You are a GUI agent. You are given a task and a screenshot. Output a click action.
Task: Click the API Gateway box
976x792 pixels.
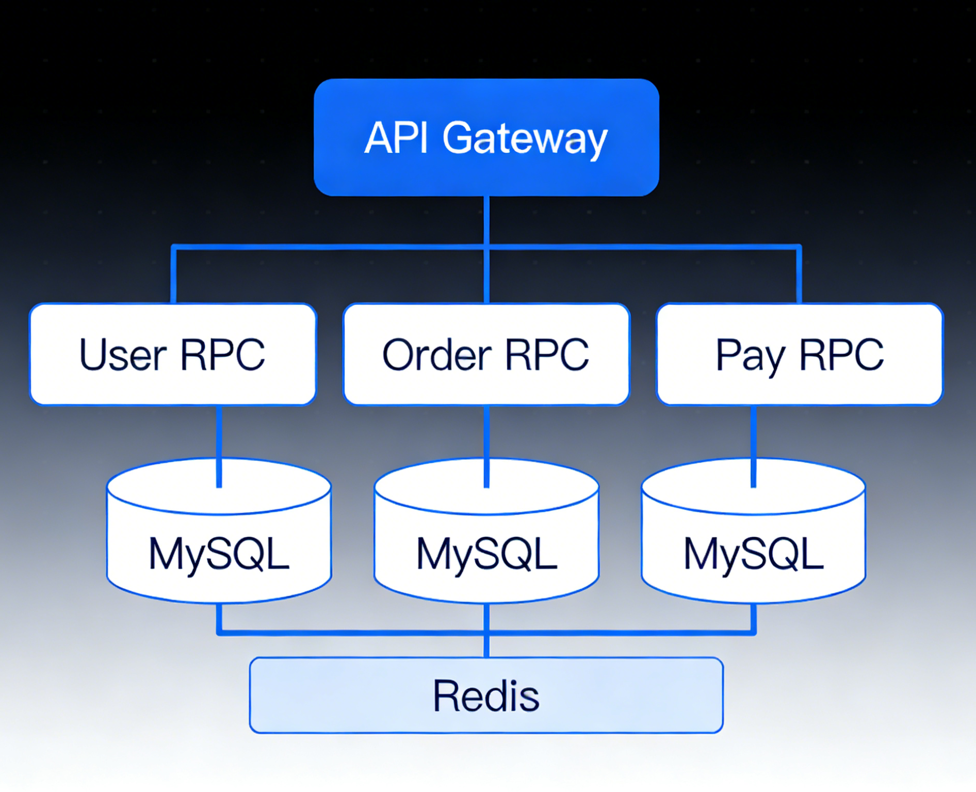pos(486,137)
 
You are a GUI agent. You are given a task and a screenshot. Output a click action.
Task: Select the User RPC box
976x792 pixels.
pos(173,354)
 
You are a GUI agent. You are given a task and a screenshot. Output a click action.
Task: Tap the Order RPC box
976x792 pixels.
pos(486,354)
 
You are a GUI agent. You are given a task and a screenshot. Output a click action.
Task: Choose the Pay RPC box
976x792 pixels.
pos(800,354)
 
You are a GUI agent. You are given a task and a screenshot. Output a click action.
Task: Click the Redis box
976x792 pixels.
pos(486,695)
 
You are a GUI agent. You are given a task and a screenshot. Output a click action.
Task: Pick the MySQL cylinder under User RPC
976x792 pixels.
pos(219,530)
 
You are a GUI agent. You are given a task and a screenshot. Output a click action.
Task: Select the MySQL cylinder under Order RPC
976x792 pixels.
pos(486,530)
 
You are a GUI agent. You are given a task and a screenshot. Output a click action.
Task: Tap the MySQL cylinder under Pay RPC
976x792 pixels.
pos(754,530)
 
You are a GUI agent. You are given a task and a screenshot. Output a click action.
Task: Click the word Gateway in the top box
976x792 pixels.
pos(525,139)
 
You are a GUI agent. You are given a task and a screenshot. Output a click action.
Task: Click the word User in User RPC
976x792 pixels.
pos(123,354)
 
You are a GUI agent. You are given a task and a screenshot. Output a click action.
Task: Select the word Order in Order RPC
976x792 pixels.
pos(437,354)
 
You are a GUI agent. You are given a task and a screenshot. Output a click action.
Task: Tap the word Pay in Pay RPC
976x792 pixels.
pos(750,355)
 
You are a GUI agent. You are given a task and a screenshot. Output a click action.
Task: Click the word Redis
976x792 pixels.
pos(486,696)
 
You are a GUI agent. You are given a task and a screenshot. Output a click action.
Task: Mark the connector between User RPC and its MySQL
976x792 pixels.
pos(219,446)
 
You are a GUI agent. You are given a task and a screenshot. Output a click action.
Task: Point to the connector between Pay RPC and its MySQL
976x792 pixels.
pos(754,446)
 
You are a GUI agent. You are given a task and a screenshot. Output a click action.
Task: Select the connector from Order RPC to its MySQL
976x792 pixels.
pos(486,446)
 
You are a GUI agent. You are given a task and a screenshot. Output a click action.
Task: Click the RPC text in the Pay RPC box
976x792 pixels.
pos(841,354)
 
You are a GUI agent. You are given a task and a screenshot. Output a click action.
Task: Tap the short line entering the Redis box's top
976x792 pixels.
pos(486,645)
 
